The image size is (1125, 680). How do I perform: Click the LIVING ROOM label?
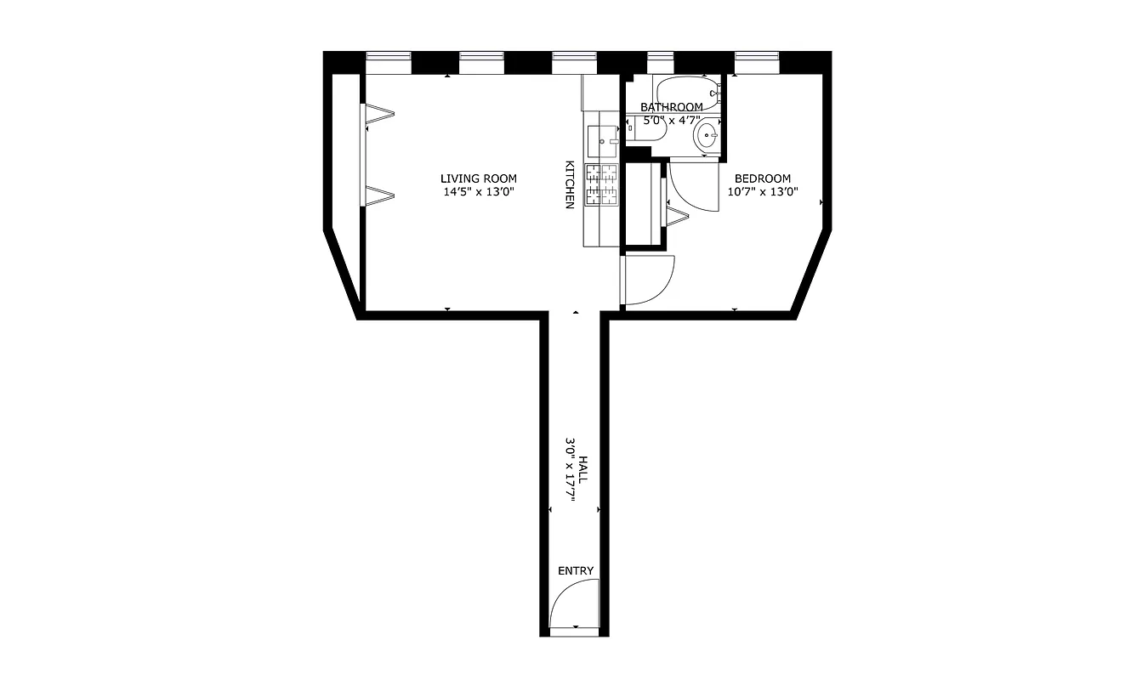coord(478,178)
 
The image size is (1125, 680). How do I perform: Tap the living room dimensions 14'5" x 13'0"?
coord(478,192)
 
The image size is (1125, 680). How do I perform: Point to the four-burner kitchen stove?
coord(601,185)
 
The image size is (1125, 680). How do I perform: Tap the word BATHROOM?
coord(672,107)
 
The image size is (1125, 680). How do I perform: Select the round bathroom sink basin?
coord(707,135)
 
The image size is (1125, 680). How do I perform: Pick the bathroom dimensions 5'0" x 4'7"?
coord(672,121)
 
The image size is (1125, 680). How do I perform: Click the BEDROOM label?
coord(763,178)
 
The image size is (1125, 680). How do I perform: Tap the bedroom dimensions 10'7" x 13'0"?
coord(763,192)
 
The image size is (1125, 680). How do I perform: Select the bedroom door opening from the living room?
coord(646,280)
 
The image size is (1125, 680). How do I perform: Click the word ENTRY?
coord(576,571)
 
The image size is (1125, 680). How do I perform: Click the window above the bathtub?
coord(660,62)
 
